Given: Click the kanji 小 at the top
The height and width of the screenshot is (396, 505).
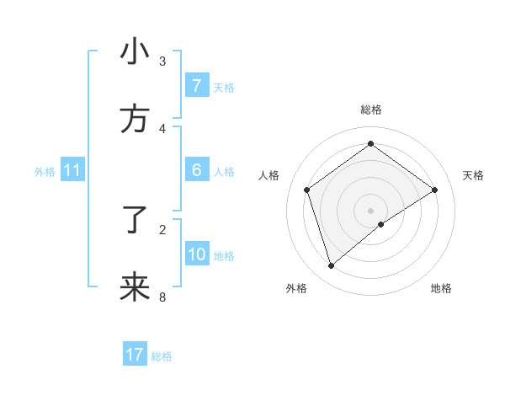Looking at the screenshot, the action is pyautogui.click(x=135, y=52).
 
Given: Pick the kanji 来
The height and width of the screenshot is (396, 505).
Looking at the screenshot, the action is pyautogui.click(x=135, y=287).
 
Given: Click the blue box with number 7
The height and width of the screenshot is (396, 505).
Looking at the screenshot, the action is pyautogui.click(x=196, y=85).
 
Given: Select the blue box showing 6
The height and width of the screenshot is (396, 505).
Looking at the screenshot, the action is pyautogui.click(x=196, y=170).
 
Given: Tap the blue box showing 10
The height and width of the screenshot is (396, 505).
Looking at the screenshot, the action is pyautogui.click(x=196, y=254).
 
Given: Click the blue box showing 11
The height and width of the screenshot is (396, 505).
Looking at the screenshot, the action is pyautogui.click(x=72, y=170).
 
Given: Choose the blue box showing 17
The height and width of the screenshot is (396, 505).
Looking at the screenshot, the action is pyautogui.click(x=135, y=355).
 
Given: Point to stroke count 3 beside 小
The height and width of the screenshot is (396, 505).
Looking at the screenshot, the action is pyautogui.click(x=162, y=61).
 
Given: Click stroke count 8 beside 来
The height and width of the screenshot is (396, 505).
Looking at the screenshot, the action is pyautogui.click(x=162, y=297).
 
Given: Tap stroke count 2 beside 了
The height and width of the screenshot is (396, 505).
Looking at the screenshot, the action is pyautogui.click(x=162, y=229).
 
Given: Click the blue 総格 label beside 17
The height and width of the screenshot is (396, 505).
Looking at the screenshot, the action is pyautogui.click(x=162, y=356).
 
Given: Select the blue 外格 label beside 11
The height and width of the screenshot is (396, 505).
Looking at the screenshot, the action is pyautogui.click(x=45, y=172).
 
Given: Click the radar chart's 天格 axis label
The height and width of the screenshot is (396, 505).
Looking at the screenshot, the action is pyautogui.click(x=473, y=175).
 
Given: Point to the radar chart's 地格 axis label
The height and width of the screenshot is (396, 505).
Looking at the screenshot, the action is pyautogui.click(x=441, y=288).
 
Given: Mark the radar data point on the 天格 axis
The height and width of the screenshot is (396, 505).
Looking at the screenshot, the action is pyautogui.click(x=434, y=190).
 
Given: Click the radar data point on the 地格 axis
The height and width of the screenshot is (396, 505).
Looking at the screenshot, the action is pyautogui.click(x=381, y=224).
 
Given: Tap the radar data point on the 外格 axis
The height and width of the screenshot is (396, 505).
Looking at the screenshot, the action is pyautogui.click(x=331, y=266).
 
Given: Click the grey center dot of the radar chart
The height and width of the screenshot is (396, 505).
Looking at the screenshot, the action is pyautogui.click(x=370, y=210).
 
